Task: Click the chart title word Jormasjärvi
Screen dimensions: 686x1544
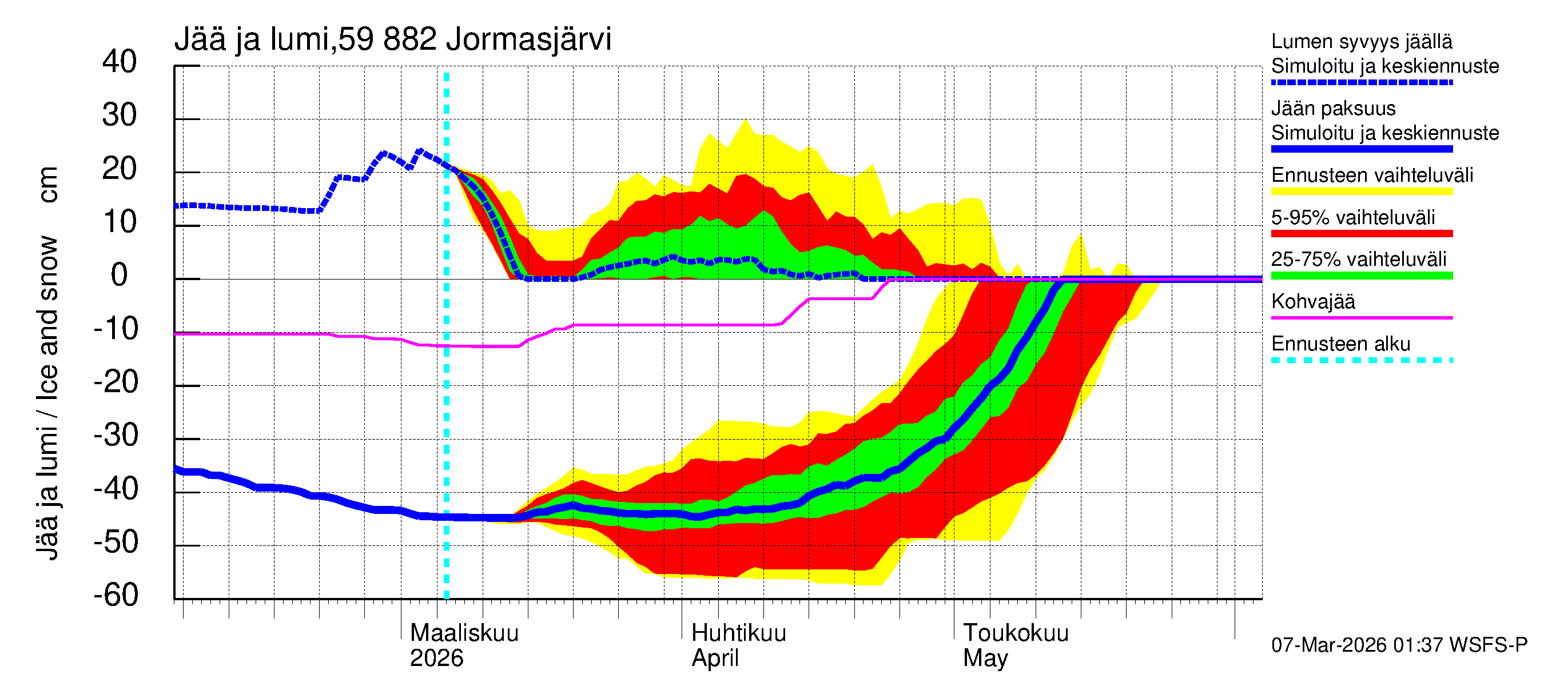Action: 528,39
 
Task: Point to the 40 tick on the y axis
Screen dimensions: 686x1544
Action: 120,62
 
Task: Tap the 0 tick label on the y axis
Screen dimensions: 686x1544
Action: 120,275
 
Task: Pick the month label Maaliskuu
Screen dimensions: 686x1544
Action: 464,633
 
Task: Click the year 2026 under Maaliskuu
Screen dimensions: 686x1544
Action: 436,659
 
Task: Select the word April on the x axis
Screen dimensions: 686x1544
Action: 714,659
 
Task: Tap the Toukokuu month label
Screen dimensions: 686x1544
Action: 1016,633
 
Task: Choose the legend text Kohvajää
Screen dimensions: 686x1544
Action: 1312,301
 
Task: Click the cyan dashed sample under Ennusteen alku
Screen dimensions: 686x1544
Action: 1361,360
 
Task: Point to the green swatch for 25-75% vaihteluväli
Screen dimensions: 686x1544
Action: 1361,276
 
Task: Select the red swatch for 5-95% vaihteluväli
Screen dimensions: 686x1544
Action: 1361,234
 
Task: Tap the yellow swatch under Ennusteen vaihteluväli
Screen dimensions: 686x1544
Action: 1361,192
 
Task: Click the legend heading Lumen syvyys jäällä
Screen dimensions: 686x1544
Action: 1361,41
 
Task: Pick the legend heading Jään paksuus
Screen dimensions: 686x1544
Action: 1333,109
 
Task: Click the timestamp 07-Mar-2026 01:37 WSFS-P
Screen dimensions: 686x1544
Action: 1399,645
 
